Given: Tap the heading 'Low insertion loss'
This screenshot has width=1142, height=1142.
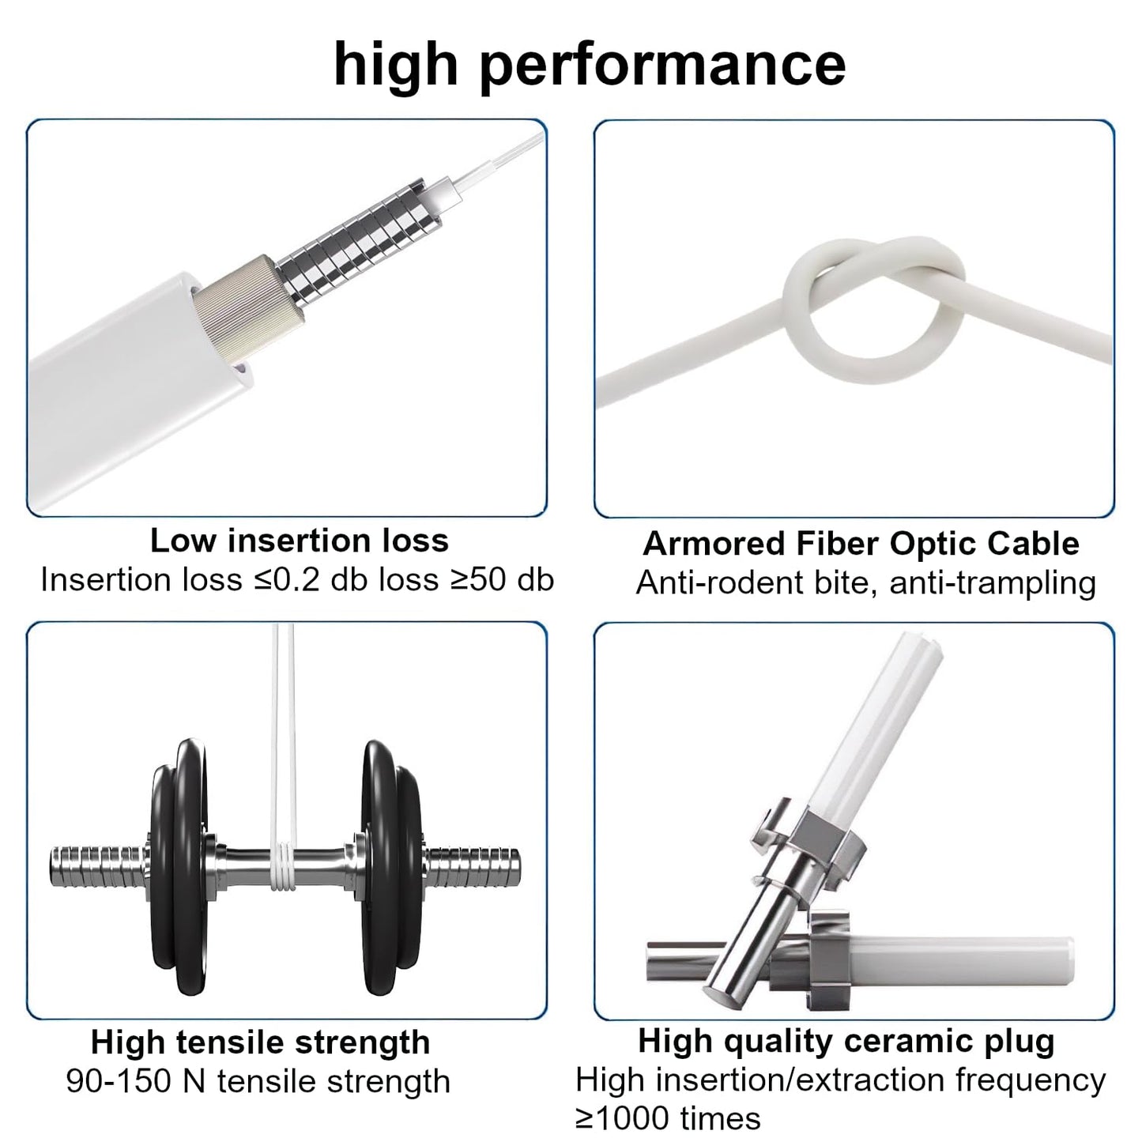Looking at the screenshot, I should tap(300, 541).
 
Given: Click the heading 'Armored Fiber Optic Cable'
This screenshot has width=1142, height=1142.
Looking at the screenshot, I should tap(861, 544).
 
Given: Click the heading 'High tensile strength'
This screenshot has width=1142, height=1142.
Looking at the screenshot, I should tap(260, 1042).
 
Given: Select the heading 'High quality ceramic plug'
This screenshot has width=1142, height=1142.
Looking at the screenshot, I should tap(846, 1041).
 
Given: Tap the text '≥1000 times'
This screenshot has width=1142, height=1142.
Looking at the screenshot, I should tap(668, 1118).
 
